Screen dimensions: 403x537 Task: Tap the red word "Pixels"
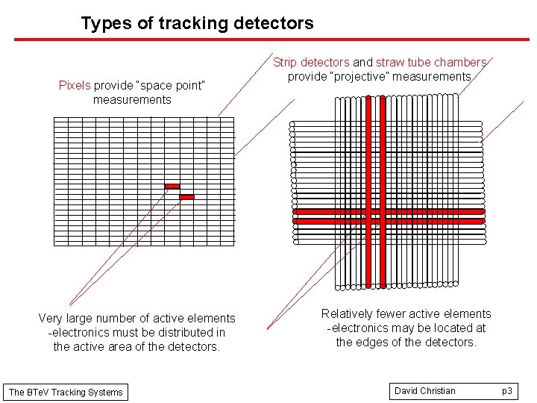click(x=75, y=85)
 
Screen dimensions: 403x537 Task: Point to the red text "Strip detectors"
click(x=311, y=63)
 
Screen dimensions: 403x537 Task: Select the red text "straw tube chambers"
click(x=431, y=63)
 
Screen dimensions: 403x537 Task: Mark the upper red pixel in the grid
click(x=172, y=186)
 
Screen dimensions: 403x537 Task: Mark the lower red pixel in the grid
click(x=186, y=197)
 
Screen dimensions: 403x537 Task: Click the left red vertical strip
click(x=368, y=191)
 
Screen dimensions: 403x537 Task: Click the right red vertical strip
click(x=383, y=191)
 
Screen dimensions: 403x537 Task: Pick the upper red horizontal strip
click(x=388, y=212)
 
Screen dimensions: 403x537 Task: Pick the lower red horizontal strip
click(x=388, y=221)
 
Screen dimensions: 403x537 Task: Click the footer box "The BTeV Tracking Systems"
click(x=66, y=392)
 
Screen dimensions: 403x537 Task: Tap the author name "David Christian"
click(x=424, y=391)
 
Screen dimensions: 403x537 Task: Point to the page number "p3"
click(x=506, y=391)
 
